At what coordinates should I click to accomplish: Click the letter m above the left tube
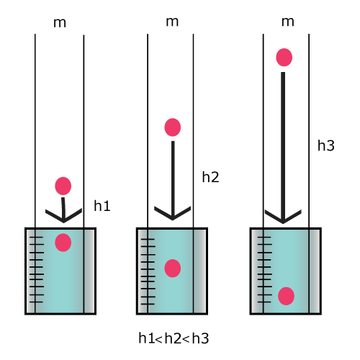(60, 23)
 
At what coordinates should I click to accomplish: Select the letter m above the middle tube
(172, 22)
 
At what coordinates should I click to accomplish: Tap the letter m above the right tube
(287, 22)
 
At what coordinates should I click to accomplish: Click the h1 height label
(102, 206)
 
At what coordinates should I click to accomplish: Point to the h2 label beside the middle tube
(210, 177)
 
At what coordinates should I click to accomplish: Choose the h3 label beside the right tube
(326, 145)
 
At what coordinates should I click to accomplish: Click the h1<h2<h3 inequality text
(174, 338)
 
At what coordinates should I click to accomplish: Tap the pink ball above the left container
(63, 186)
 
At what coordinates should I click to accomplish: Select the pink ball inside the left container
(63, 243)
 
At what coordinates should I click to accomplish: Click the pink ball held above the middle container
(173, 127)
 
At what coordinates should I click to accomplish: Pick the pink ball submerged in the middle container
(173, 269)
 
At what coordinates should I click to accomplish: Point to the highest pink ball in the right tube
(284, 58)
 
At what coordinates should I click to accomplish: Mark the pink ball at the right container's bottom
(286, 296)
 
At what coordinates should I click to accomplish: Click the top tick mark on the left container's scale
(36, 237)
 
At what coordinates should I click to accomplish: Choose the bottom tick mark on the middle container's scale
(148, 304)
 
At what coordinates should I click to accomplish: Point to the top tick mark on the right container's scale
(264, 237)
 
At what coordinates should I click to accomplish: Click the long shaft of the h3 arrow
(283, 146)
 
